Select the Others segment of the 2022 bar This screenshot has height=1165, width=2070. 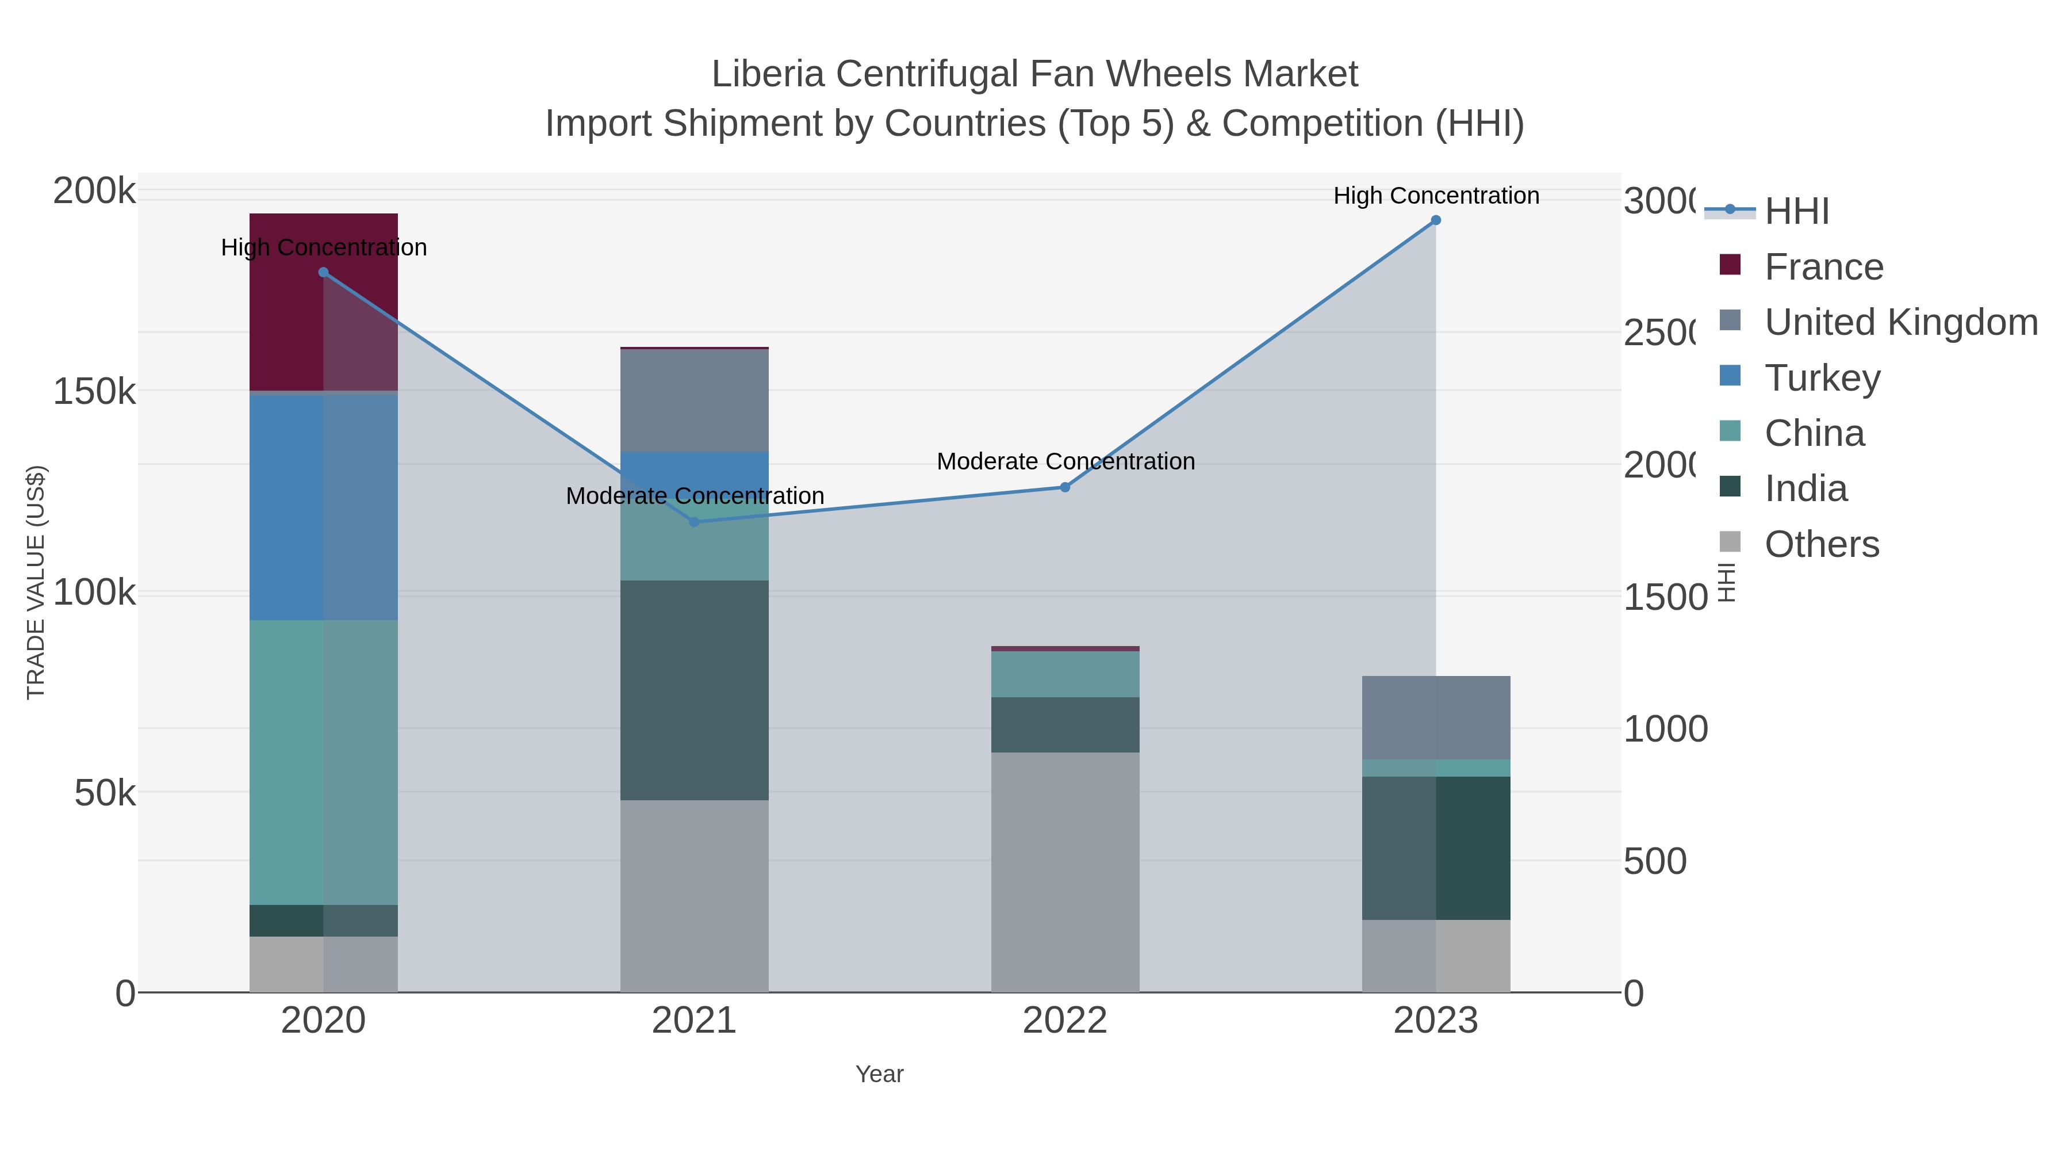(1065, 872)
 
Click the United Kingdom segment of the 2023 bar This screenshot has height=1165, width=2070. (1435, 717)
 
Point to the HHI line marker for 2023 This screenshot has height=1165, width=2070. (1435, 220)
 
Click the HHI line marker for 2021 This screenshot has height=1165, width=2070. (694, 522)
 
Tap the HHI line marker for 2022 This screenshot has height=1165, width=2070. (1065, 487)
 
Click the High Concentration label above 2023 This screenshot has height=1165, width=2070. (1435, 196)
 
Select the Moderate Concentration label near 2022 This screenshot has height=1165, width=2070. (1065, 461)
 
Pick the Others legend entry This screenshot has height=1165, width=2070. (1821, 544)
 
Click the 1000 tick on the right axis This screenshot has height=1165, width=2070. (1665, 729)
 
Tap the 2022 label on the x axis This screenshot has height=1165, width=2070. (1065, 1021)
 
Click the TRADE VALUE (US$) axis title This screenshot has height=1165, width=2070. (36, 582)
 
